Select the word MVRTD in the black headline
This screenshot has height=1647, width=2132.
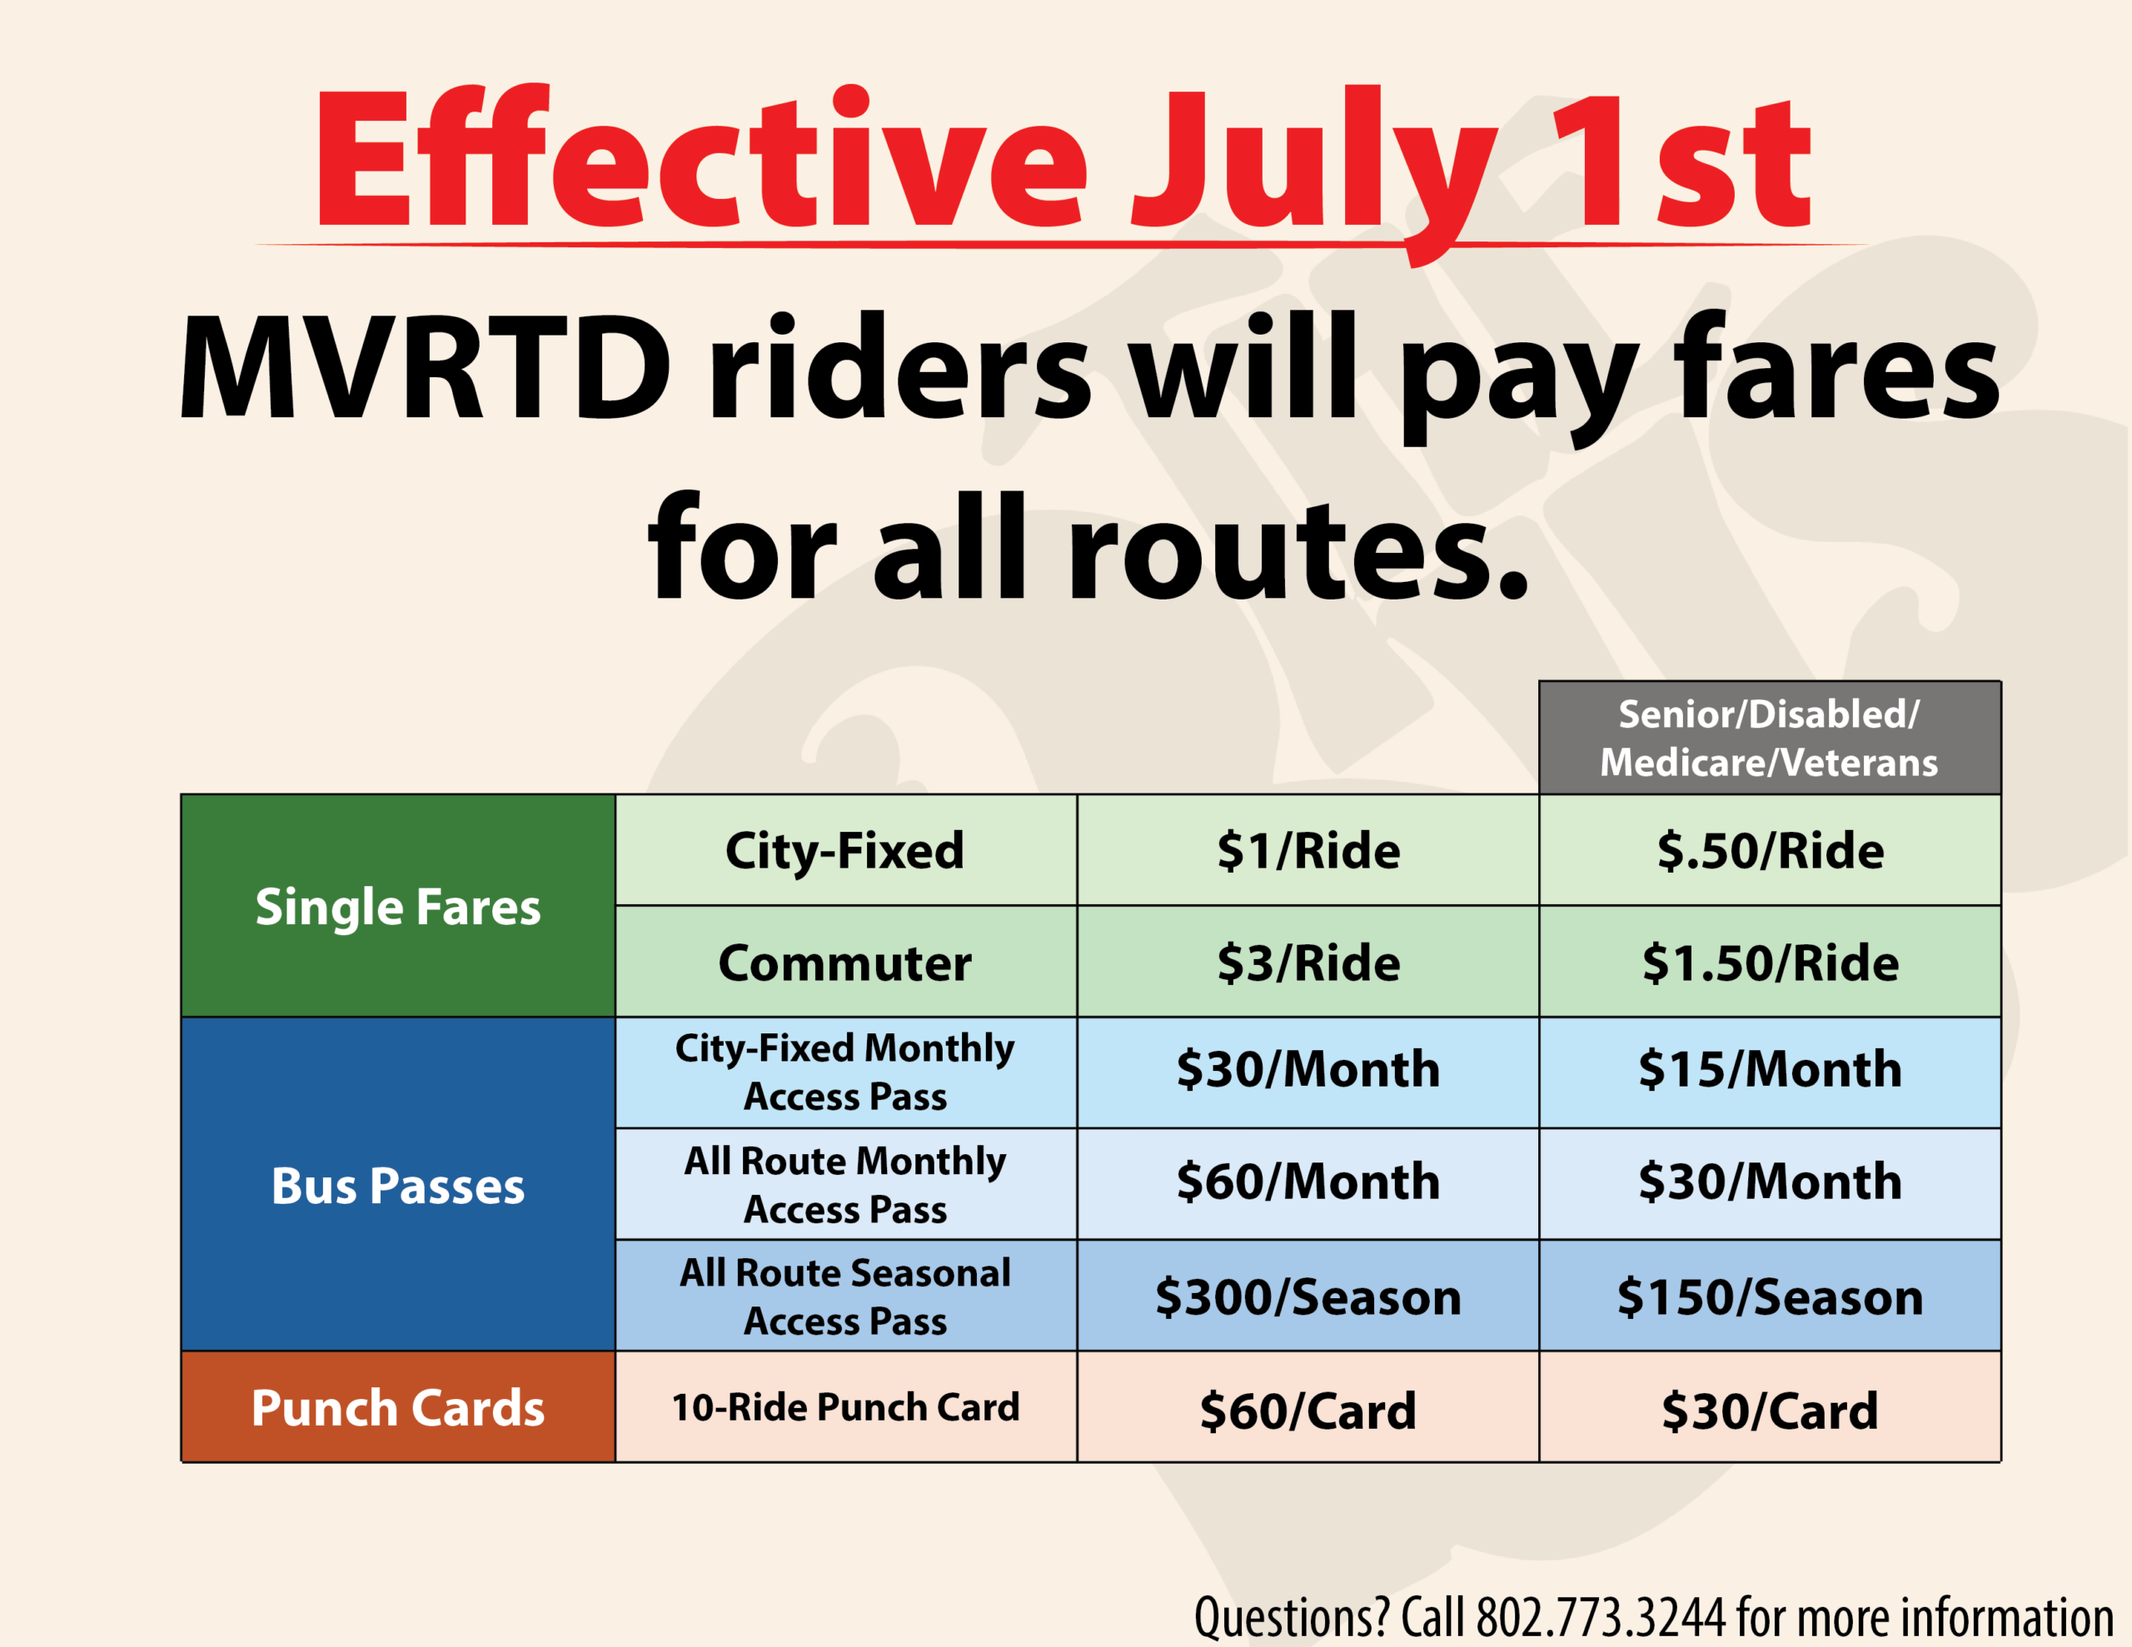tap(426, 368)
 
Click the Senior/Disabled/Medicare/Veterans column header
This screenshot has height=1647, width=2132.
tap(1769, 738)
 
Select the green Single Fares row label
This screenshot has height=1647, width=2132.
tap(398, 905)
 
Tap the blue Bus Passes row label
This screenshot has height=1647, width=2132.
tap(398, 1184)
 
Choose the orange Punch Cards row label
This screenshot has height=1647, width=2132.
tap(398, 1407)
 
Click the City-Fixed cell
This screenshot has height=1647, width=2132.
tap(845, 850)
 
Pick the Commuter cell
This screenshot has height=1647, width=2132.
tap(845, 962)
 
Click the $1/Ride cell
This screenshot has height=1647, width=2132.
tap(1308, 850)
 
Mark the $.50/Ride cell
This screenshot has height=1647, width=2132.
tap(1770, 850)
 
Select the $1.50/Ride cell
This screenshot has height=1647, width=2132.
tap(1770, 962)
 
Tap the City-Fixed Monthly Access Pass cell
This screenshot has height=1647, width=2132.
tap(845, 1072)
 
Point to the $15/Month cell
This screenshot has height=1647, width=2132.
tap(1770, 1072)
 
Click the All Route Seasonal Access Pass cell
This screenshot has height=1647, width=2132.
tap(845, 1296)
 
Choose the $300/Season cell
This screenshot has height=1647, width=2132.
tap(1308, 1296)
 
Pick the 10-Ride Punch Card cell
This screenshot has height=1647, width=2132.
tap(845, 1407)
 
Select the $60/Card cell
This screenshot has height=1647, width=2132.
tap(1308, 1407)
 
